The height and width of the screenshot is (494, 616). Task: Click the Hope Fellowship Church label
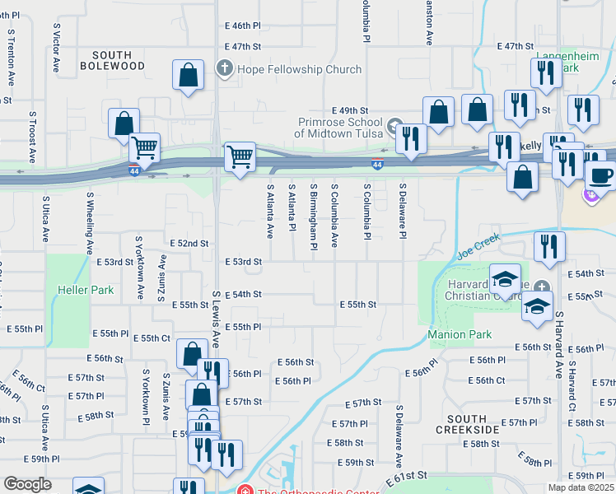click(299, 69)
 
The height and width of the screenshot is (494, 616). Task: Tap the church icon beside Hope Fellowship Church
click(224, 68)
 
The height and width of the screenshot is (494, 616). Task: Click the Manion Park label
click(460, 334)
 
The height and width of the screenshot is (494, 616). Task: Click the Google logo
click(27, 484)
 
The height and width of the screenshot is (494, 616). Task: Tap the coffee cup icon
click(600, 175)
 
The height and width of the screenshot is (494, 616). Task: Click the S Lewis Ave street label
click(216, 318)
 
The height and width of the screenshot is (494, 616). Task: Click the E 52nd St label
click(189, 244)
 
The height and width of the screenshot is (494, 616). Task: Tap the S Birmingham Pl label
click(314, 217)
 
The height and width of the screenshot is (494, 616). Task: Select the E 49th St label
click(350, 110)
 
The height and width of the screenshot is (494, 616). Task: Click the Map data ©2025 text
click(580, 487)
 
